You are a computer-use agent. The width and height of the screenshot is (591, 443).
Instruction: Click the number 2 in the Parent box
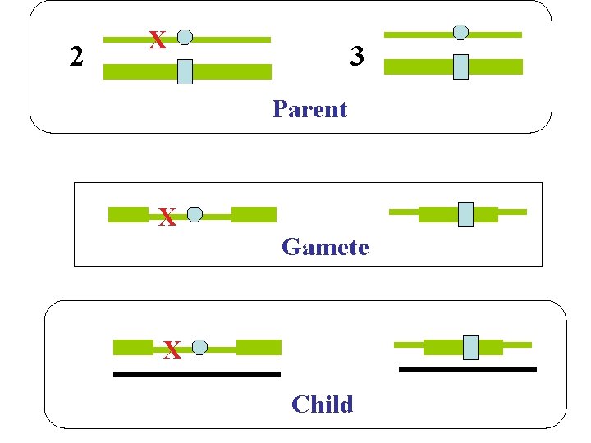[x=76, y=57]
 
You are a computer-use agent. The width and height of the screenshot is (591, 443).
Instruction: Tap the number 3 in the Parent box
[x=356, y=57]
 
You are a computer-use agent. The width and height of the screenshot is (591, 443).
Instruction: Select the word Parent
[x=309, y=109]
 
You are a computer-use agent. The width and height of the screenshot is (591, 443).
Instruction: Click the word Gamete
[x=325, y=247]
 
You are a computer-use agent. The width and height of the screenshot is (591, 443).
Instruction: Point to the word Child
[x=322, y=404]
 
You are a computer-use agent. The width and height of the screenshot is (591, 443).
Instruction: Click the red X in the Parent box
[x=158, y=40]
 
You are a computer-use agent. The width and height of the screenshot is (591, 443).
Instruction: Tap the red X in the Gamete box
[x=167, y=218]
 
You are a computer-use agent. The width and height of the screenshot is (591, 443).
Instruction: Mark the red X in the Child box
[x=172, y=351]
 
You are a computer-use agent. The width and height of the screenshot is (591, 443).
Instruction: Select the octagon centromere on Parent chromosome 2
[x=186, y=37]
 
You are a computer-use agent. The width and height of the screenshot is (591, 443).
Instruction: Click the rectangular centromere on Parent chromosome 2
[x=186, y=72]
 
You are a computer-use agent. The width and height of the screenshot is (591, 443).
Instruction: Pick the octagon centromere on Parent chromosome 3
[x=461, y=32]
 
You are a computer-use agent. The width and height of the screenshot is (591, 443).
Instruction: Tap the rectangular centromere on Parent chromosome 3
[x=460, y=66]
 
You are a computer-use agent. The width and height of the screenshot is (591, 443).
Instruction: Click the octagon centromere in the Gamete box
[x=195, y=215]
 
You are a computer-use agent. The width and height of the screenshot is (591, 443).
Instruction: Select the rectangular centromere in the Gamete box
[x=465, y=214]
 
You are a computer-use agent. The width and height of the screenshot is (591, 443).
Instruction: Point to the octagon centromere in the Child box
[x=199, y=347]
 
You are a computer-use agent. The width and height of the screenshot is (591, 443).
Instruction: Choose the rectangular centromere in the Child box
[x=470, y=347]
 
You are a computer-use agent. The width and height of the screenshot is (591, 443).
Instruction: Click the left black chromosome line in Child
[x=196, y=375]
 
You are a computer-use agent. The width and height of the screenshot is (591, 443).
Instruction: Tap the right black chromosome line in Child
[x=467, y=370]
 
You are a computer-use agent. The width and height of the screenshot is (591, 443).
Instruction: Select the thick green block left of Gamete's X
[x=128, y=215]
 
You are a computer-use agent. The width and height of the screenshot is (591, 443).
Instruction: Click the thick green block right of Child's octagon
[x=259, y=347]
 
